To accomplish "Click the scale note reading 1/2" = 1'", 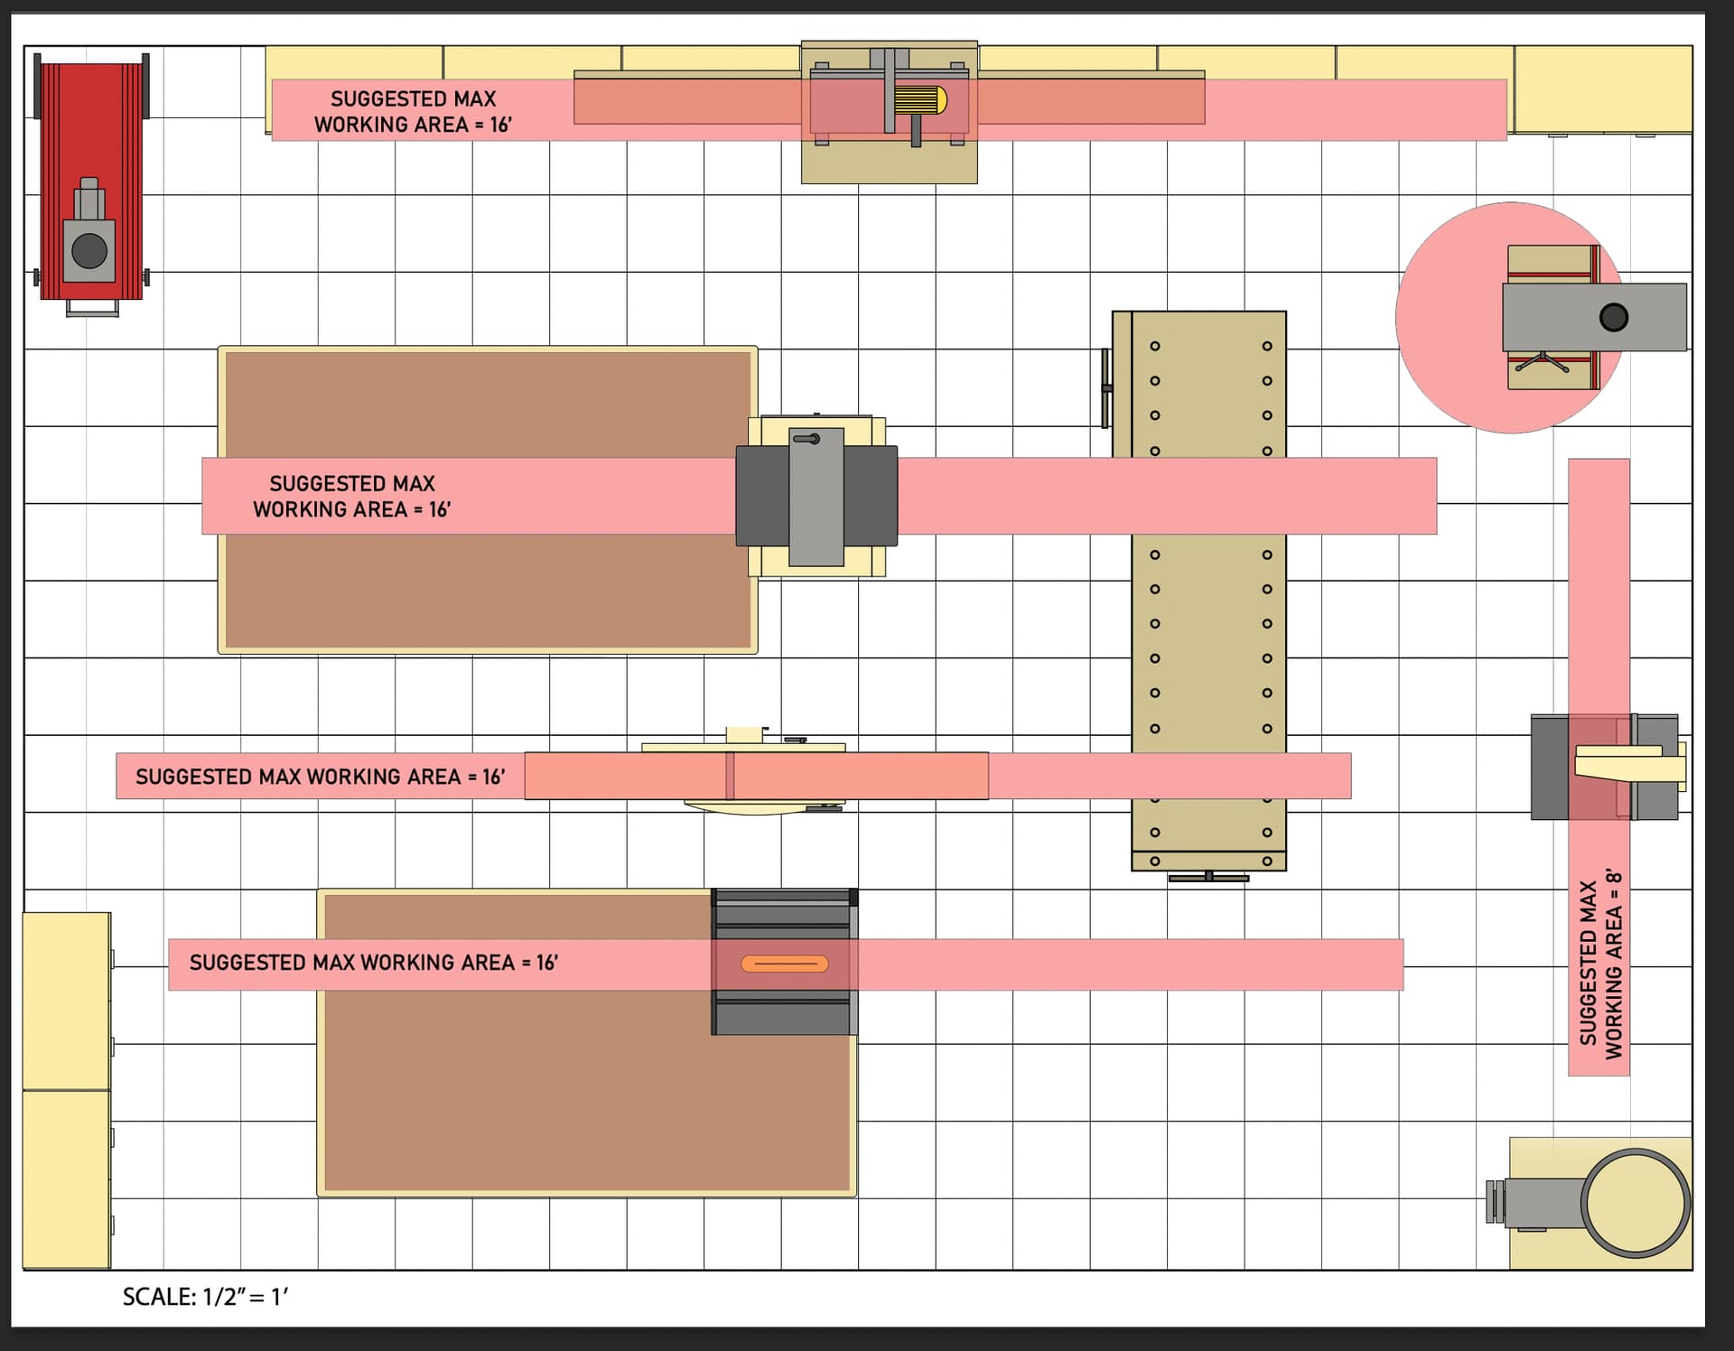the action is [205, 1297].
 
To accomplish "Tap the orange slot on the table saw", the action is [784, 964].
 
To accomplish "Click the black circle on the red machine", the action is [89, 251].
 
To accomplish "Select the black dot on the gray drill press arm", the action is [1613, 317].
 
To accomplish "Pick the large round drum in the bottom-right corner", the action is [1635, 1203].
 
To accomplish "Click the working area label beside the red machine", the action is [413, 111].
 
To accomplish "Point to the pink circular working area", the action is [1454, 317].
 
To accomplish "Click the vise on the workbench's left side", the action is [1106, 388].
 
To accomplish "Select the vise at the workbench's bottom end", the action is [1208, 876].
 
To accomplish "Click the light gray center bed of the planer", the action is [816, 497].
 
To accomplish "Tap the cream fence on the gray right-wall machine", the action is [1628, 763].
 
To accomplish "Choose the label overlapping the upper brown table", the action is [352, 497].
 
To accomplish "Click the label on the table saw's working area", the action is [374, 963].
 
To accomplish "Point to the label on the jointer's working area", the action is [320, 777].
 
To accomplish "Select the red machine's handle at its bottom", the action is [92, 308].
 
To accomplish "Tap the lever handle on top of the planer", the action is [806, 439].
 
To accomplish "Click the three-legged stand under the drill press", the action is [1543, 362].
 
